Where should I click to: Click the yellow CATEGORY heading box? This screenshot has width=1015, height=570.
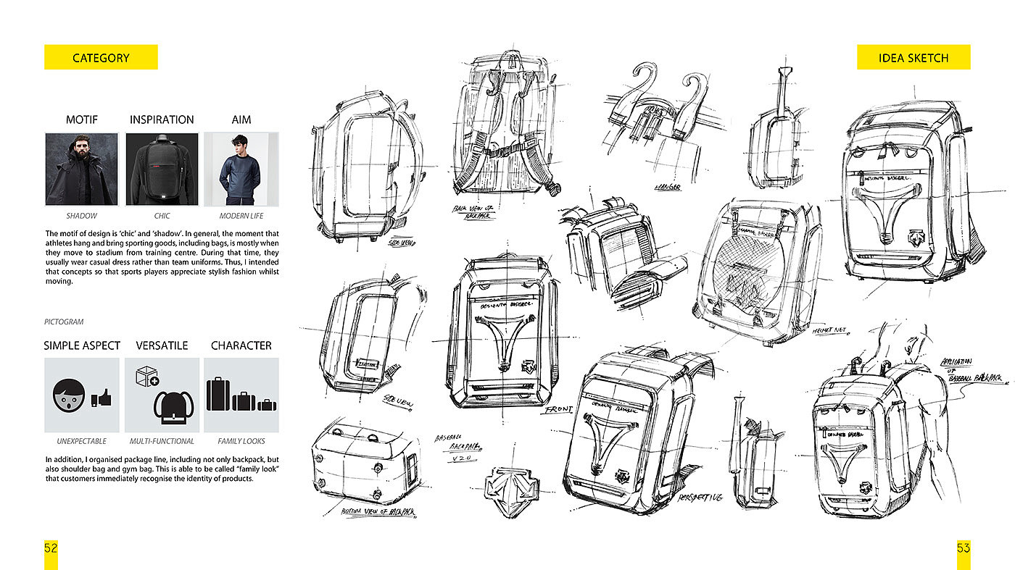tap(101, 58)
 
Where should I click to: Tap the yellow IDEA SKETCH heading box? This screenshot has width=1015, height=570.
tap(913, 58)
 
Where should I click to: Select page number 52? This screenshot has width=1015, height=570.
tap(51, 548)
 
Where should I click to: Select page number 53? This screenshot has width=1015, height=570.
tap(963, 548)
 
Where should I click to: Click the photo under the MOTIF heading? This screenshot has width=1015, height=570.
tap(82, 169)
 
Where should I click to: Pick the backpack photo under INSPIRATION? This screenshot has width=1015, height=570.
tap(162, 169)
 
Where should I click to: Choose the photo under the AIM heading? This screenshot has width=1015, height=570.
tap(241, 169)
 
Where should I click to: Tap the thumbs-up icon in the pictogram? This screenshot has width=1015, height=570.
tap(102, 398)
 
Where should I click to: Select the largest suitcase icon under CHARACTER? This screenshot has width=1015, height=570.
tap(218, 395)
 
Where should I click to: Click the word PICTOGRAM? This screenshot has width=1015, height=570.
tap(63, 321)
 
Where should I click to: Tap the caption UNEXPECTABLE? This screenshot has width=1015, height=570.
tap(81, 441)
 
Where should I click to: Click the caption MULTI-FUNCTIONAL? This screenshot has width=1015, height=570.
tap(162, 441)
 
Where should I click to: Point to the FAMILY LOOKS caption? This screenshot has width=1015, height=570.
tap(241, 441)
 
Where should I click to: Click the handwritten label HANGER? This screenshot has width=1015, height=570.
tap(668, 187)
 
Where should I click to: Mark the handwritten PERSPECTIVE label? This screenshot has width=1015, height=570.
tap(700, 498)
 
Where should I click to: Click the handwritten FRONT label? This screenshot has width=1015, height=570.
tap(558, 409)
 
